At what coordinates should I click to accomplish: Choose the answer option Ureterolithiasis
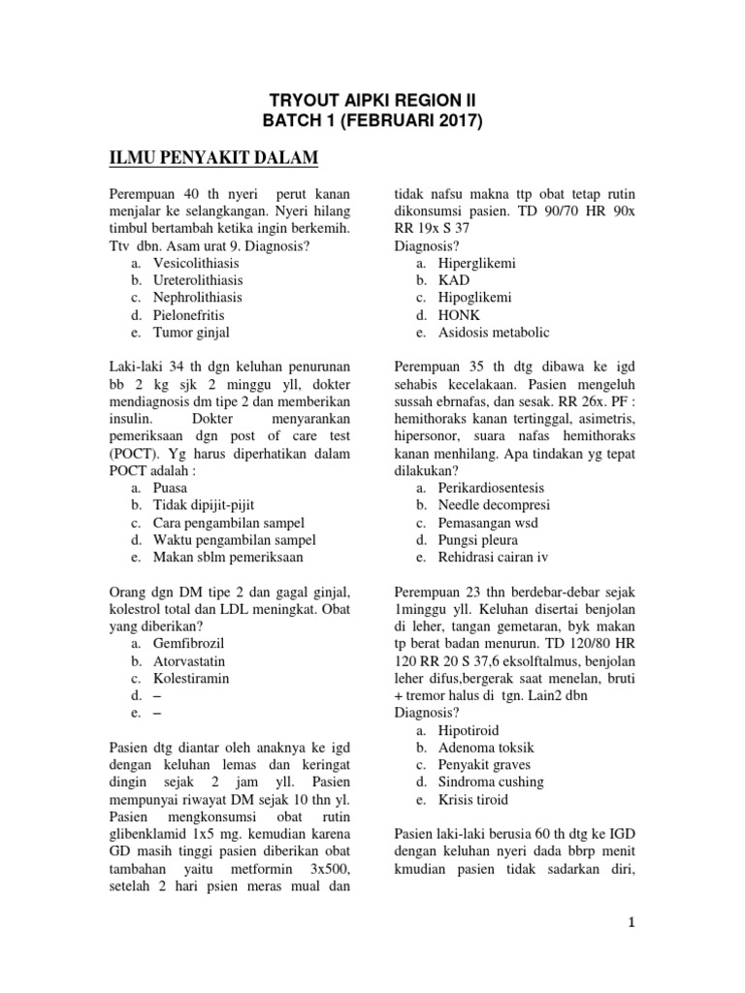199,280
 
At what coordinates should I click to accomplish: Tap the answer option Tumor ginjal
191,332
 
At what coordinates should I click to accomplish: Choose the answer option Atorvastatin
191,660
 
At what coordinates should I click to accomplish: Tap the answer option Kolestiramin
191,678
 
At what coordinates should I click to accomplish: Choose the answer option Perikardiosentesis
491,488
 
